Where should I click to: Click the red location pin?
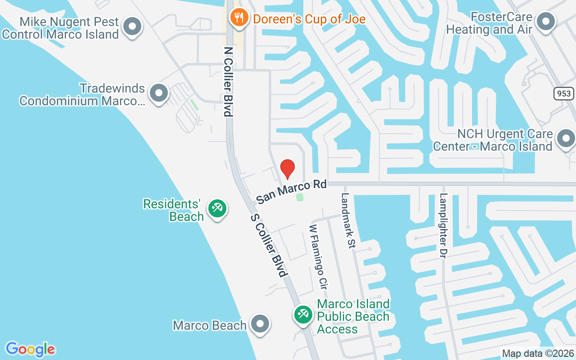point(288,169)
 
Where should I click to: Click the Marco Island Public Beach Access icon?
point(303,314)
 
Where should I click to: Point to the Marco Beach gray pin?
point(260,324)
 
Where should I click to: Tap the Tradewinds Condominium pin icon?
point(158,93)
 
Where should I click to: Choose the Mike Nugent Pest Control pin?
point(132,26)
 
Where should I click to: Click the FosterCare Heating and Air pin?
point(546,21)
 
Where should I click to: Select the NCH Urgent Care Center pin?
point(566,138)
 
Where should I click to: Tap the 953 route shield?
point(563,94)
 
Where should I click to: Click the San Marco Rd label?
point(291,192)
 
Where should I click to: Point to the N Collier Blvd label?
point(229,81)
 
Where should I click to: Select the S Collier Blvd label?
point(269,245)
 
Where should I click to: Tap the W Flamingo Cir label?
point(317,256)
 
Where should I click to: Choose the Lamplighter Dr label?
point(443,225)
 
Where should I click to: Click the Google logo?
point(30,349)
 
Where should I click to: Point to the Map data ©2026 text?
point(538,354)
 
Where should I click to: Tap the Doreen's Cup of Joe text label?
point(309,19)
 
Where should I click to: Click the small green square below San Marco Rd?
point(300,197)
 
